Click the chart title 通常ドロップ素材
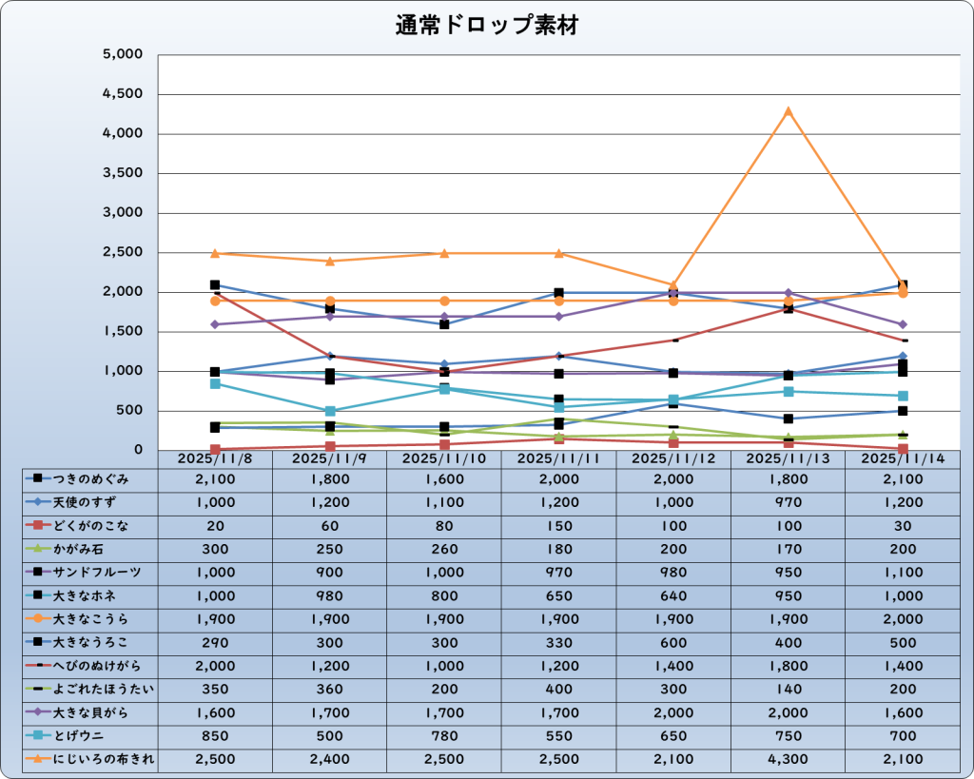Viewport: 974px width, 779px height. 487,26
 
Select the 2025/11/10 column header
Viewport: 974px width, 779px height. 444,458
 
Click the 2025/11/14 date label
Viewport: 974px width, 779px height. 902,458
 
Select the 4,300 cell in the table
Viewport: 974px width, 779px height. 788,759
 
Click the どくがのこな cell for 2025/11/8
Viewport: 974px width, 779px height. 215,526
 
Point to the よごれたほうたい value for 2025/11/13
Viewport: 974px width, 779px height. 788,689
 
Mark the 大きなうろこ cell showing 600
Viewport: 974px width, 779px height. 673,642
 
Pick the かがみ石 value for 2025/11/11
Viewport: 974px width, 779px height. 558,549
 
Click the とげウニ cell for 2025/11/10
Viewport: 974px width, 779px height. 444,735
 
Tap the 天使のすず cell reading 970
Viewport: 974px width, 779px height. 788,502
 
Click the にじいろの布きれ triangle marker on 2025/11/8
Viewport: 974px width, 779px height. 215,253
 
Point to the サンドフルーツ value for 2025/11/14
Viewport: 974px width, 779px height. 902,573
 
